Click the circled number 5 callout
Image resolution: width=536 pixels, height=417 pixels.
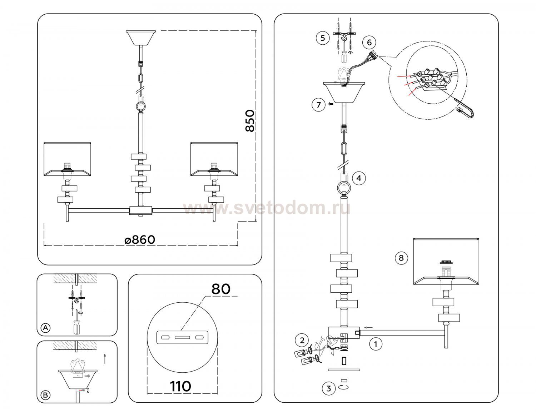pyautogui.click(x=323, y=38)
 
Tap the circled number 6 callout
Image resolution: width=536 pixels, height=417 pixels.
pyautogui.click(x=369, y=43)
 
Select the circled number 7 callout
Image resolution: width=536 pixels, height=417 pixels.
pyautogui.click(x=318, y=105)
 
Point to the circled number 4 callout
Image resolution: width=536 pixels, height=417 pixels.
pyautogui.click(x=359, y=178)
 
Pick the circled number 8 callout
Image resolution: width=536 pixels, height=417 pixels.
pyautogui.click(x=401, y=258)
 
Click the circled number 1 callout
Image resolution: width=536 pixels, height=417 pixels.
pyautogui.click(x=375, y=344)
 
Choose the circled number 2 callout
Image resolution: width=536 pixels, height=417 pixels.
pyautogui.click(x=302, y=340)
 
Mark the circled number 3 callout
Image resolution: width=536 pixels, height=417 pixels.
pyautogui.click(x=328, y=388)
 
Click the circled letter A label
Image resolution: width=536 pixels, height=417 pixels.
pyautogui.click(x=45, y=328)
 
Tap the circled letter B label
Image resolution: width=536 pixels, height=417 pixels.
pyautogui.click(x=45, y=395)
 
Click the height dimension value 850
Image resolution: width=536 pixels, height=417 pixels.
pyautogui.click(x=250, y=121)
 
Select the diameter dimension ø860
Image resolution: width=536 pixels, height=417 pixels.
pyautogui.click(x=140, y=240)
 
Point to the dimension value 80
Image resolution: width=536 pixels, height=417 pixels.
pyautogui.click(x=221, y=289)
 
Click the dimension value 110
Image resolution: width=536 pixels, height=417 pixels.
pyautogui.click(x=180, y=386)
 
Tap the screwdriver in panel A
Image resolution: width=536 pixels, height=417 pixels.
pyautogui.click(x=77, y=325)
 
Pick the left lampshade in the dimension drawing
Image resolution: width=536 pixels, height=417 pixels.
pyautogui.click(x=68, y=159)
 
